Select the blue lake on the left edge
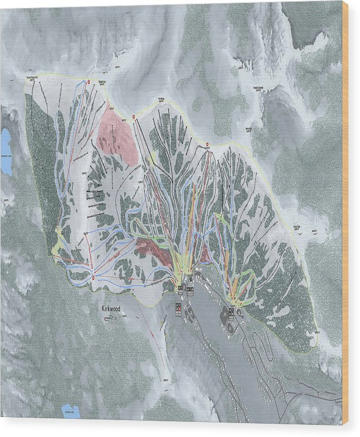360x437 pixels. coord(5,151)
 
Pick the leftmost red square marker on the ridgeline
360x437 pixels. coord(89,81)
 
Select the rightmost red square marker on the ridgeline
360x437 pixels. coord(208,144)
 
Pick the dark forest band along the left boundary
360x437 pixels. coord(40,170)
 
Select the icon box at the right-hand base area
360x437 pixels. coord(231,313)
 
